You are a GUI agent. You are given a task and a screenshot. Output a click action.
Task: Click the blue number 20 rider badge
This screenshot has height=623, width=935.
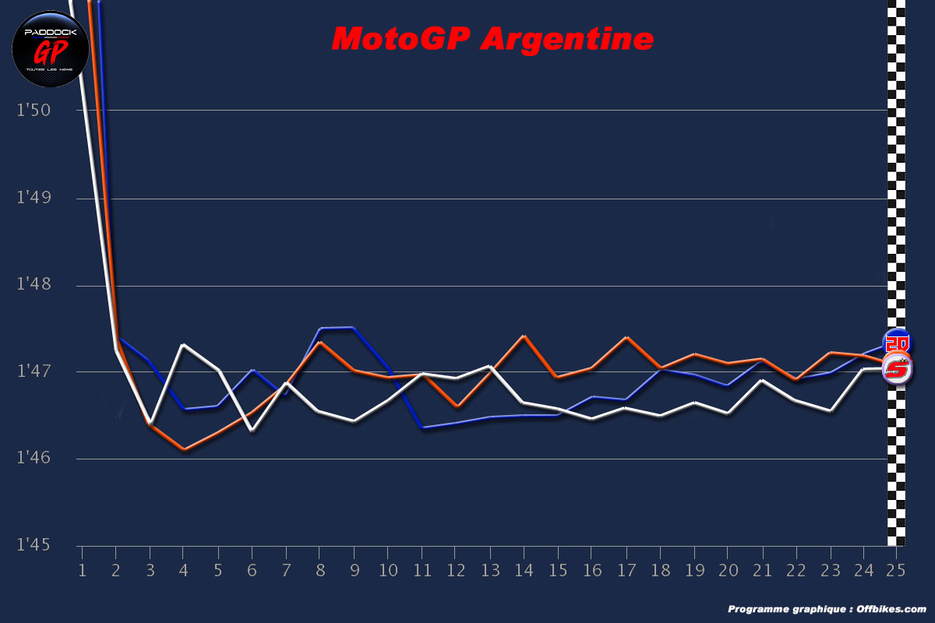896,343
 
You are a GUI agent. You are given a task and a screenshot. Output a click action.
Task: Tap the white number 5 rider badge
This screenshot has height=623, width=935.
897,369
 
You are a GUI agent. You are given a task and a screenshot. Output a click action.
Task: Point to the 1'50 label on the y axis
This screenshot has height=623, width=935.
34,110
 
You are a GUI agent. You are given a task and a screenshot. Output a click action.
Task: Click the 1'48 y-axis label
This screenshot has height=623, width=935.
34,286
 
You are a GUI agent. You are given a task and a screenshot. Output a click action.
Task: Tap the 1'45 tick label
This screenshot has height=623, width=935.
34,544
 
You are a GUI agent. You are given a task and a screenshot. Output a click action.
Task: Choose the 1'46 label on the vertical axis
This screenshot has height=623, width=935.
34,459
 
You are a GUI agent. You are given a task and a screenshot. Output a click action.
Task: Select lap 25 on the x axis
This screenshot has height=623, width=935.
896,571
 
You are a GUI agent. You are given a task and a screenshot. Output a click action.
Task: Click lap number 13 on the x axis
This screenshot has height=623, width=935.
489,571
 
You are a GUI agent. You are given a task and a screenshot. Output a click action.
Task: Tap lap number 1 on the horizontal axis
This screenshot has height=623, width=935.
82,571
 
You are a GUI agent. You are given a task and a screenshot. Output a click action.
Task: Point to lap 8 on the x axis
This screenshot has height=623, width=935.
319,571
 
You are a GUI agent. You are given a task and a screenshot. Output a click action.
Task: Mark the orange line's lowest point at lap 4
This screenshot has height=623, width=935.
183,449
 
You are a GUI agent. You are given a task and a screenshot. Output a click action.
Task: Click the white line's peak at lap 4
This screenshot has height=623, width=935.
183,344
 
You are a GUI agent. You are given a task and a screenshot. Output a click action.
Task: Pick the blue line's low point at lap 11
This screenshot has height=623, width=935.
422,427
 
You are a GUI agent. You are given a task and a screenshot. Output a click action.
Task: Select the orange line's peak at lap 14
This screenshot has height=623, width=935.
524,336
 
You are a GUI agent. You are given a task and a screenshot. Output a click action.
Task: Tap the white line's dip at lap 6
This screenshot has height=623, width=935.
251,430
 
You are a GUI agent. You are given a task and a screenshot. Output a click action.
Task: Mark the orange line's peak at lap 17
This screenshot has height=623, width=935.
626,337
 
